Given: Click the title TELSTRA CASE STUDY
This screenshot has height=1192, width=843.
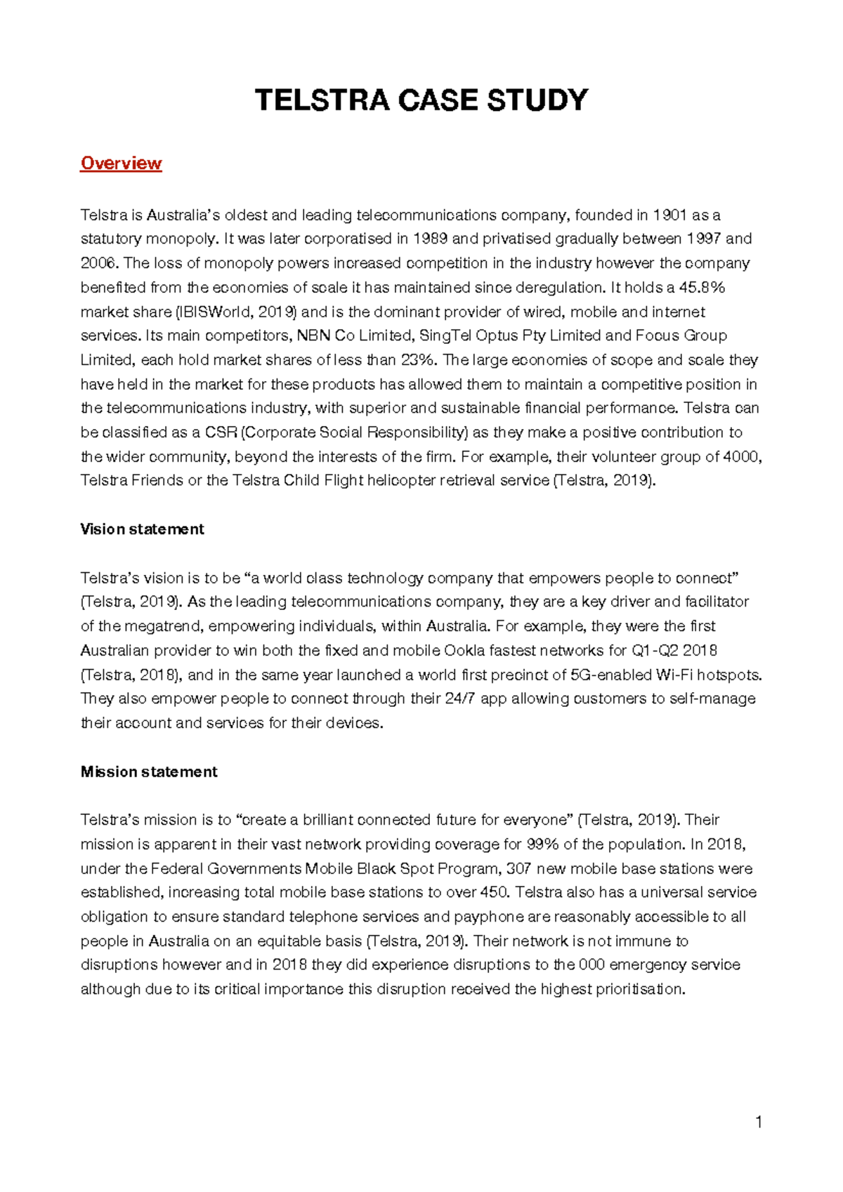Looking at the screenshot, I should coord(421,100).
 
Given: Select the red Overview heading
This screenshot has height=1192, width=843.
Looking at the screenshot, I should coord(121,164).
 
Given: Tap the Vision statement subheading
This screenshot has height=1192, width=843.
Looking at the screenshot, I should coord(142,529).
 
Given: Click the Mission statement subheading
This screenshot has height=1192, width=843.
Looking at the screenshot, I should coord(149,772).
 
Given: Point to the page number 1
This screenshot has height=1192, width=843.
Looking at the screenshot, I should coord(758,1123).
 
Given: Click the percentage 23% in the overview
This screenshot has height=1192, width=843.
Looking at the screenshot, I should coord(419,360).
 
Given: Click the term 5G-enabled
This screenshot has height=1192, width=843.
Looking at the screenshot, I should coord(610,675).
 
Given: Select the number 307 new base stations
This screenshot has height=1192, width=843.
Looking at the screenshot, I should coord(518,869).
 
